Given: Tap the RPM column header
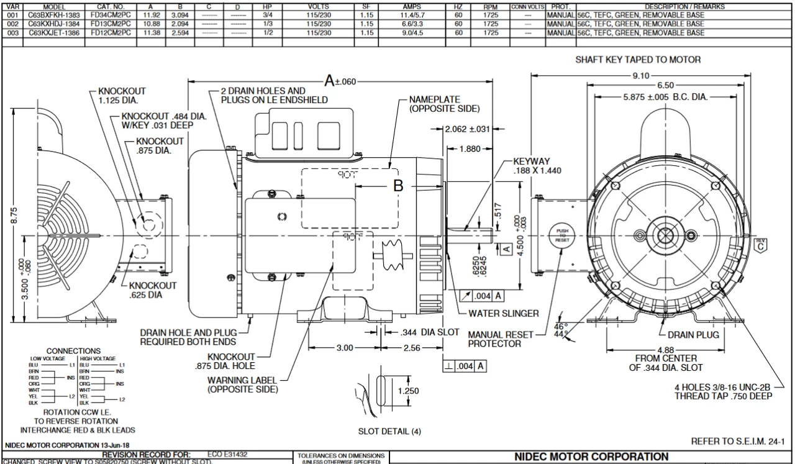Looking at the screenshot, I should [491, 7].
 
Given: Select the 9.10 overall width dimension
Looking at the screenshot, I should [641, 75].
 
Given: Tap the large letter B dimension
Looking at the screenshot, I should [398, 185].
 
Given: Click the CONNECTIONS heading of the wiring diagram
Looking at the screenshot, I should [74, 351].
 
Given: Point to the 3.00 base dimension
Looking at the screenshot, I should [345, 347].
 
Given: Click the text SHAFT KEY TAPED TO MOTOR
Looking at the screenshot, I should [638, 60].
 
